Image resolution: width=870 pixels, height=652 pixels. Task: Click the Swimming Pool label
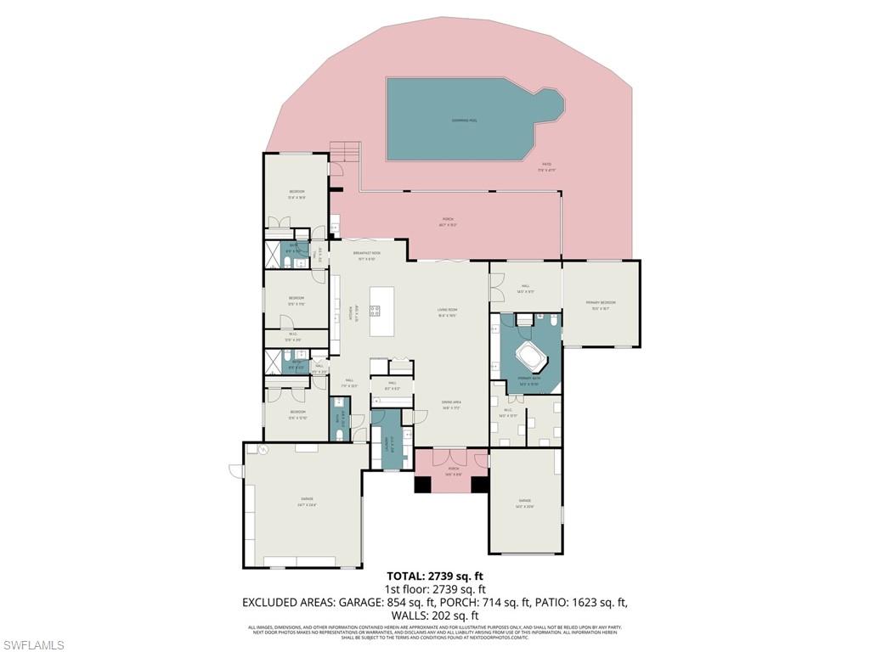(464, 121)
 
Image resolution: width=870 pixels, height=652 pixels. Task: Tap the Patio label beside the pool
(546, 166)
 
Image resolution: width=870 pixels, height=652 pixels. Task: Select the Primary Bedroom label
(600, 304)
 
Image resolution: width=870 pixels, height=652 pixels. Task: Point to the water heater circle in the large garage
(263, 449)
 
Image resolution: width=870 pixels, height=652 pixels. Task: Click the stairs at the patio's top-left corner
(345, 153)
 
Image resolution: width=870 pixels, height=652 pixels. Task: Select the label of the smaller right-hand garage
(524, 507)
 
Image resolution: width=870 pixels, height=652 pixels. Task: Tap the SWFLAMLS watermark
(33, 645)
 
